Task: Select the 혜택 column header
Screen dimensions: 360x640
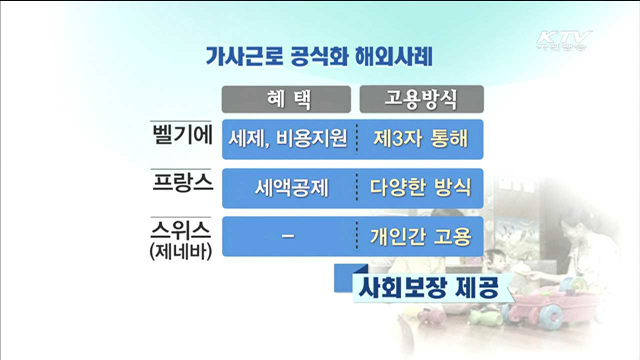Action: [288, 98]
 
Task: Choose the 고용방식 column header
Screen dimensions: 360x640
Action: [420, 98]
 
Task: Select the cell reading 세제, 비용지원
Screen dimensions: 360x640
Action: [288, 138]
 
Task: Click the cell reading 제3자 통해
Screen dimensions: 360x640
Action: [420, 138]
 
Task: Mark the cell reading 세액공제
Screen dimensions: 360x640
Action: [288, 187]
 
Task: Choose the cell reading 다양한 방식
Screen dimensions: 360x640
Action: [420, 187]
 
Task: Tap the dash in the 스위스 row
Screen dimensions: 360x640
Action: [288, 236]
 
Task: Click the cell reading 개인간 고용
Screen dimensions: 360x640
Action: [420, 237]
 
